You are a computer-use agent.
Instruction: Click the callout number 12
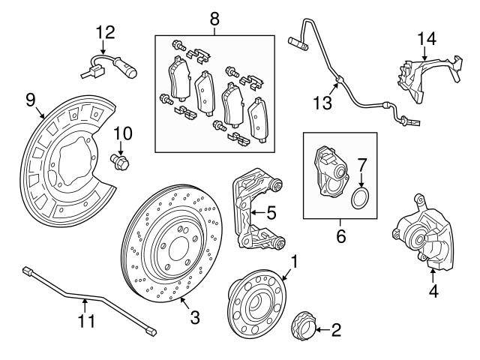pyautogui.click(x=106, y=31)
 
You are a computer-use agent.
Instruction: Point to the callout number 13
pyautogui.click(x=322, y=103)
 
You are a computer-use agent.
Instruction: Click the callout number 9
pyautogui.click(x=31, y=98)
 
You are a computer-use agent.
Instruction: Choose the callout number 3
pyautogui.click(x=194, y=317)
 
